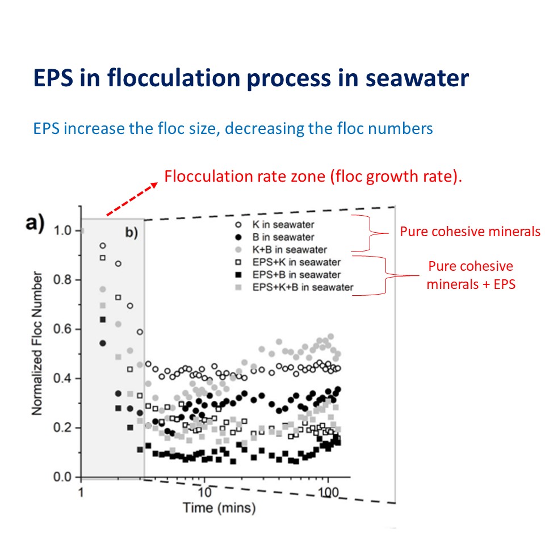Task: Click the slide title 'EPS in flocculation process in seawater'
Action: point(251,78)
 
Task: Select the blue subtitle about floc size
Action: point(233,128)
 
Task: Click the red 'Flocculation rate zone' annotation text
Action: point(313,176)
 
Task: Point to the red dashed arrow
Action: point(131,199)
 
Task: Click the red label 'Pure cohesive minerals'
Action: point(470,232)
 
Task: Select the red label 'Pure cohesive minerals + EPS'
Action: point(470,275)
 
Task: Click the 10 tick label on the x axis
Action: point(205,489)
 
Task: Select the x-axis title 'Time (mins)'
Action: point(219,507)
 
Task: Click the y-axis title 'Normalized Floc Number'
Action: point(37,343)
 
